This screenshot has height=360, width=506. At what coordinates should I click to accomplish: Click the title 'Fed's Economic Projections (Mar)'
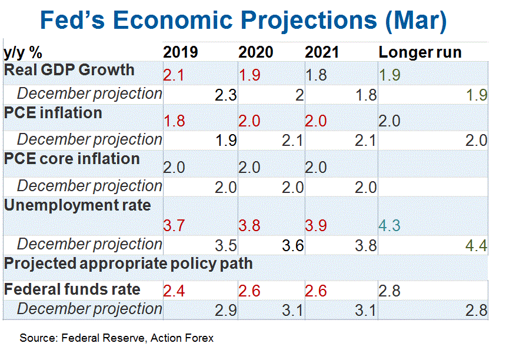click(243, 21)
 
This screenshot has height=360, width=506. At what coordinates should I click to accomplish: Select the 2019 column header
click(180, 52)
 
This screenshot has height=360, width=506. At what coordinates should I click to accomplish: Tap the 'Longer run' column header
click(420, 52)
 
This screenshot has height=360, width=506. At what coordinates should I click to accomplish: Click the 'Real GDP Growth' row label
click(69, 70)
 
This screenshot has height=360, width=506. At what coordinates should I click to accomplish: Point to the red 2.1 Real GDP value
click(174, 75)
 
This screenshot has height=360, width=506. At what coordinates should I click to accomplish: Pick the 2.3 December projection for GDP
click(225, 95)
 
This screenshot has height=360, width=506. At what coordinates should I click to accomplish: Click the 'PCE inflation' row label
click(53, 112)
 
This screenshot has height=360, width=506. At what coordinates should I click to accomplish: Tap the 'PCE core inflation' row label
click(72, 159)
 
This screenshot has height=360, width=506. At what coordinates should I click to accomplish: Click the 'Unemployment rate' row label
click(77, 205)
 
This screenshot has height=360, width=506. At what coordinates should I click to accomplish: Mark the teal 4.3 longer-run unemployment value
click(390, 225)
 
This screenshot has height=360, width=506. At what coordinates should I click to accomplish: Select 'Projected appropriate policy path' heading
click(128, 263)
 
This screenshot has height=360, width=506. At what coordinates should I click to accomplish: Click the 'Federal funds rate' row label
click(72, 289)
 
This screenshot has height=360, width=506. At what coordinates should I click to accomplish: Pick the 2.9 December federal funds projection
click(225, 309)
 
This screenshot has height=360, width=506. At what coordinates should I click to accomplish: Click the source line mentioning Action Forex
click(116, 338)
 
